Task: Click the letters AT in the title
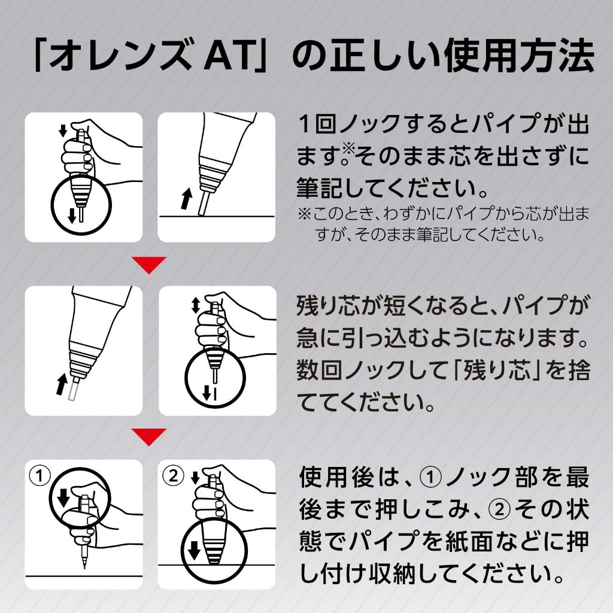click(229, 56)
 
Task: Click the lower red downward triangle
click(149, 437)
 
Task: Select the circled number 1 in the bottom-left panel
click(40, 476)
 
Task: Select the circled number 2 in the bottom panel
click(172, 476)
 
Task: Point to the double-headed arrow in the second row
click(196, 305)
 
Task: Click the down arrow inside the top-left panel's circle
click(72, 216)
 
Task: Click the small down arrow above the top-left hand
click(63, 131)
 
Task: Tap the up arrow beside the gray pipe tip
click(62, 384)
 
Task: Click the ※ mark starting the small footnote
click(305, 214)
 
